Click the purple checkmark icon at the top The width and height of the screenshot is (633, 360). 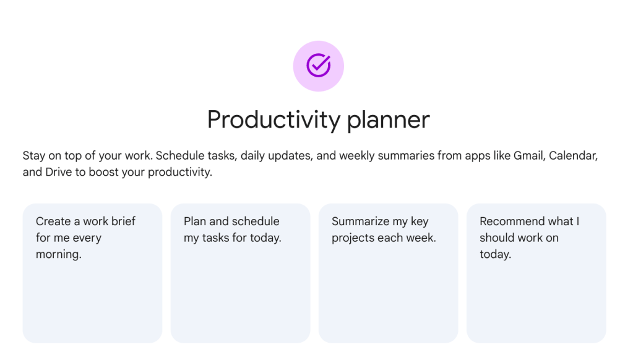(318, 66)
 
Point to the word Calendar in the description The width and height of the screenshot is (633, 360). (574, 155)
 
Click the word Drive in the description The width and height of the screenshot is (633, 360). (59, 172)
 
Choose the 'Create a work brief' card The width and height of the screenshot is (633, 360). (92, 273)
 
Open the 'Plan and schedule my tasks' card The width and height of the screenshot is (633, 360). (240, 273)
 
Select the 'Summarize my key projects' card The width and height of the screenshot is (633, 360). (388, 273)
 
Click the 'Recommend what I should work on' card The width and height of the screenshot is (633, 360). (536, 273)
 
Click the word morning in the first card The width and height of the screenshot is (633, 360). (58, 254)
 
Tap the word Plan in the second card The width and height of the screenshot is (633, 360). (195, 221)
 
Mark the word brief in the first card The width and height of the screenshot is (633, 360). (122, 221)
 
